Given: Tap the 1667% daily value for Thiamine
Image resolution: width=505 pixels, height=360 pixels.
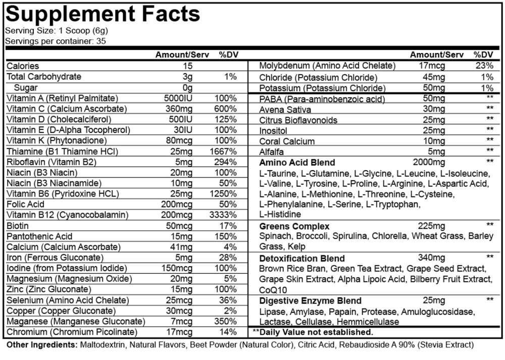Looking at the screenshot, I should pos(224,151).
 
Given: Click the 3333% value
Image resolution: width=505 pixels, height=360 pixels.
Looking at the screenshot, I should pos(224,215).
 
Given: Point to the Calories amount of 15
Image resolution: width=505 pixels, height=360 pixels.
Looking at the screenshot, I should pos(188,66).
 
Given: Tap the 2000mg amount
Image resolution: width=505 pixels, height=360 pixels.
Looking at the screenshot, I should pos(429,162).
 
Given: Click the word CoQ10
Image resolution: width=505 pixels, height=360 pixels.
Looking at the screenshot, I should pos(273,289).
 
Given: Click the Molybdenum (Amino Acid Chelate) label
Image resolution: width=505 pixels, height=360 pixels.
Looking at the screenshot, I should pos(327,66).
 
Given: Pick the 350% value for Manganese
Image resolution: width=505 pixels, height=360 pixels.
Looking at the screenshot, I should pos(225,321).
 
